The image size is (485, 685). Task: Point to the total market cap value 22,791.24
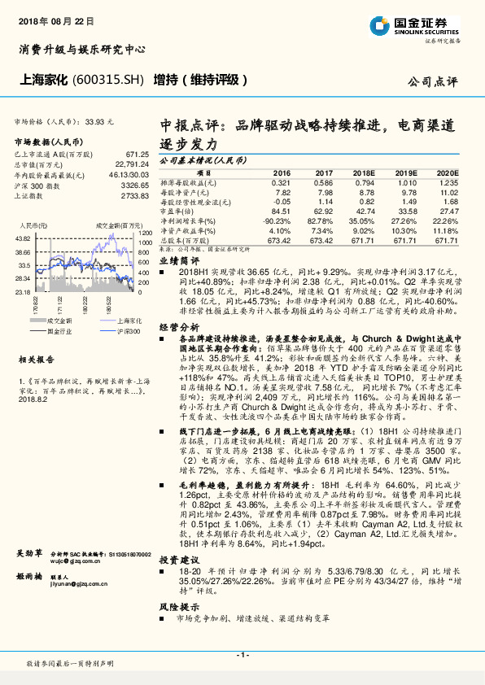131,164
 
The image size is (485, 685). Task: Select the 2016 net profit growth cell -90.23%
275,220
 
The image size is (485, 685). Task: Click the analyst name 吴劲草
30,553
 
